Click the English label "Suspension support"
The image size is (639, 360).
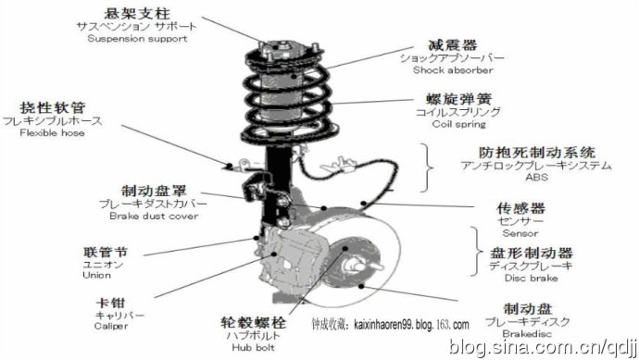pyautogui.click(x=137, y=39)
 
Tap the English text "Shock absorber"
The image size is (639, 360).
pyautogui.click(x=453, y=70)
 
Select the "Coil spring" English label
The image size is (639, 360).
pyautogui.click(x=459, y=124)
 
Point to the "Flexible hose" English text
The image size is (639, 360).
pyautogui.click(x=52, y=132)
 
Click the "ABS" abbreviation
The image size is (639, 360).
pyautogui.click(x=537, y=177)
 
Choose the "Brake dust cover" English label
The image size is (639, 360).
pyautogui.click(x=154, y=216)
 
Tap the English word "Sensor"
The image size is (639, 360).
pyautogui.click(x=520, y=233)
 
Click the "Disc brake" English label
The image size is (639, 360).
pyautogui.click(x=531, y=279)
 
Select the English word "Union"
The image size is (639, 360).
pyautogui.click(x=96, y=275)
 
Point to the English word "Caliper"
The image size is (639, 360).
pyautogui.click(x=111, y=326)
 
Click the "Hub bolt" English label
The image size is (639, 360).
pyautogui.click(x=253, y=347)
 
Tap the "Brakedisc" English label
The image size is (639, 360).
pyautogui.click(x=527, y=334)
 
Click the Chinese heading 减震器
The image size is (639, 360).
pyautogui.click(x=453, y=45)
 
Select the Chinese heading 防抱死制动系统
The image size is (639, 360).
pyautogui.click(x=537, y=153)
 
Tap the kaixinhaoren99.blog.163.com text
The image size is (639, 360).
pyautogui.click(x=411, y=325)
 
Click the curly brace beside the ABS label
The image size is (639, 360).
pyautogui.click(x=426, y=168)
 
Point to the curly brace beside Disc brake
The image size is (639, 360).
pyautogui.click(x=476, y=252)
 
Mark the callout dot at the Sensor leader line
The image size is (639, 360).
pyautogui.click(x=364, y=203)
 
